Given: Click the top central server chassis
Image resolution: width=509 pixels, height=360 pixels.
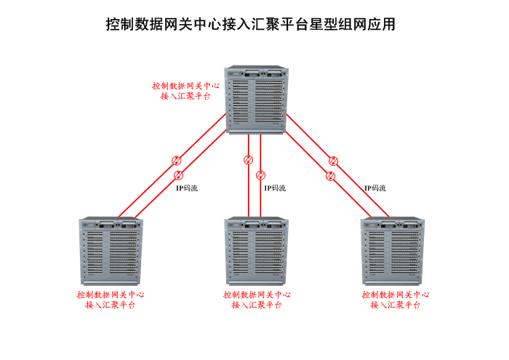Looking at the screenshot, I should pos(257,100).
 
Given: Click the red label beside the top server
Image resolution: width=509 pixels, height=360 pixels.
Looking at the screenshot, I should pos(185,90).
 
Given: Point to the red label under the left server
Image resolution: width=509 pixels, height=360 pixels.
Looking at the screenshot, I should pos(111,300).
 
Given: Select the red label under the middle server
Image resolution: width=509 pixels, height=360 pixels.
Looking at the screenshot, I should pos(257,300).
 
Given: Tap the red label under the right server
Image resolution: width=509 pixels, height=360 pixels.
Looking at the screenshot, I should pos(395,300).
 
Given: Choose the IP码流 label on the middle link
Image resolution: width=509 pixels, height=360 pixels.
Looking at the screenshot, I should pos(274,188).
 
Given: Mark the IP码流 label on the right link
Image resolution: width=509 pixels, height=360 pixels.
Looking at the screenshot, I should pos(375,188).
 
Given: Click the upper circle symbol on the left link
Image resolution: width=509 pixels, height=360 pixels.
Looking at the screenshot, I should pos(175,161).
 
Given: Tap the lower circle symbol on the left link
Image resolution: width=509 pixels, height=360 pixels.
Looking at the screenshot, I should pos(179,175).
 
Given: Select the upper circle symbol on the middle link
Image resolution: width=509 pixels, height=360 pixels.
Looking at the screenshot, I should pos(249,160).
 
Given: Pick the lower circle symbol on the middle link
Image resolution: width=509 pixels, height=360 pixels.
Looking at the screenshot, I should pos(261,175).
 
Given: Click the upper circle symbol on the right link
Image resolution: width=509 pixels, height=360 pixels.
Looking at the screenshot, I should pos(333,161).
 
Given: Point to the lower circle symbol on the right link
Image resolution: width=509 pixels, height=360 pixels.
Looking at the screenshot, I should pos(330,175).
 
